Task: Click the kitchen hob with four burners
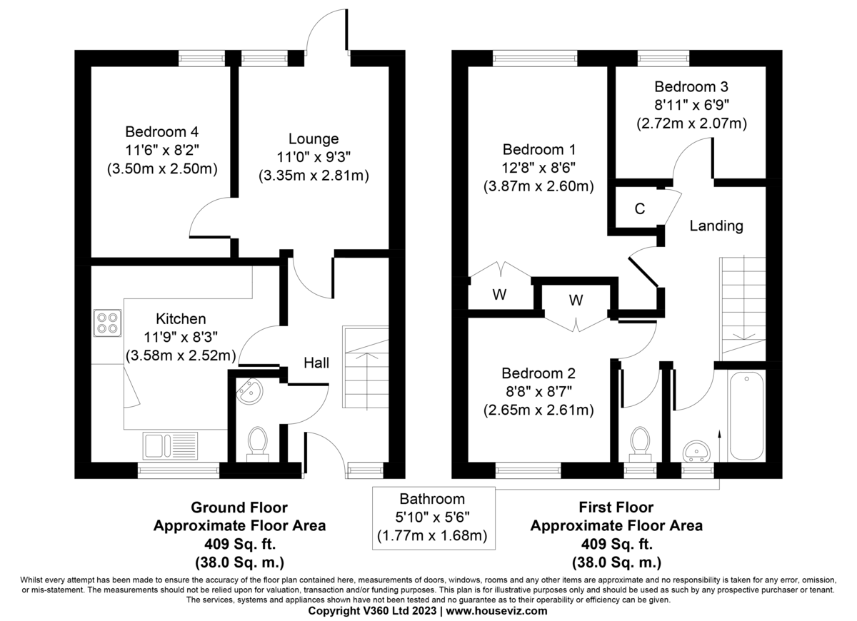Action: coord(107,323)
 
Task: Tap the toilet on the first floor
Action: coord(640,442)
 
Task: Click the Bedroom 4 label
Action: coord(162,132)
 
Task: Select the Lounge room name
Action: coord(314,138)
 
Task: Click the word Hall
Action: coord(316,363)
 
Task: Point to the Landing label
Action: coord(716,226)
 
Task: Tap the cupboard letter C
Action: coord(640,209)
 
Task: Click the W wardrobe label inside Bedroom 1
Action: coord(499,296)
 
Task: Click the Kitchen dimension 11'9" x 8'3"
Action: coord(181,337)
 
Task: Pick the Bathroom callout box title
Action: coord(432,499)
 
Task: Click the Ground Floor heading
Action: coord(239,508)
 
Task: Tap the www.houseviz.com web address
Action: coord(497,611)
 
